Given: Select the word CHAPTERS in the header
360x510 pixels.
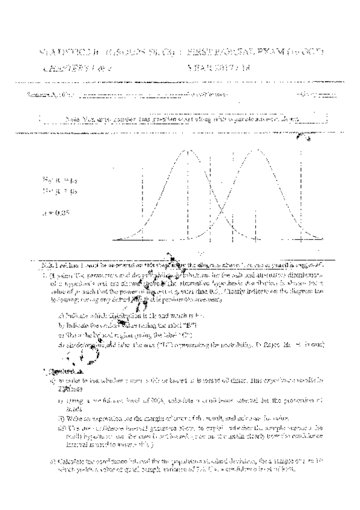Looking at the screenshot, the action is (61, 69).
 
